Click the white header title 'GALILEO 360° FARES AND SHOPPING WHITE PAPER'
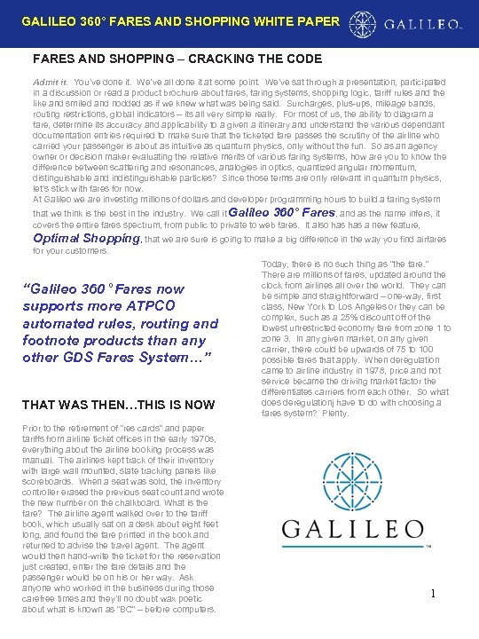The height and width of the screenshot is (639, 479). click(179, 20)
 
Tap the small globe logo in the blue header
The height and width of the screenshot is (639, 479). click(362, 22)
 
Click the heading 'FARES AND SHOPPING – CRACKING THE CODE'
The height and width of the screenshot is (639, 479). click(177, 59)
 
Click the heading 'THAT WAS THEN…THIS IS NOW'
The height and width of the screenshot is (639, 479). click(118, 405)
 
